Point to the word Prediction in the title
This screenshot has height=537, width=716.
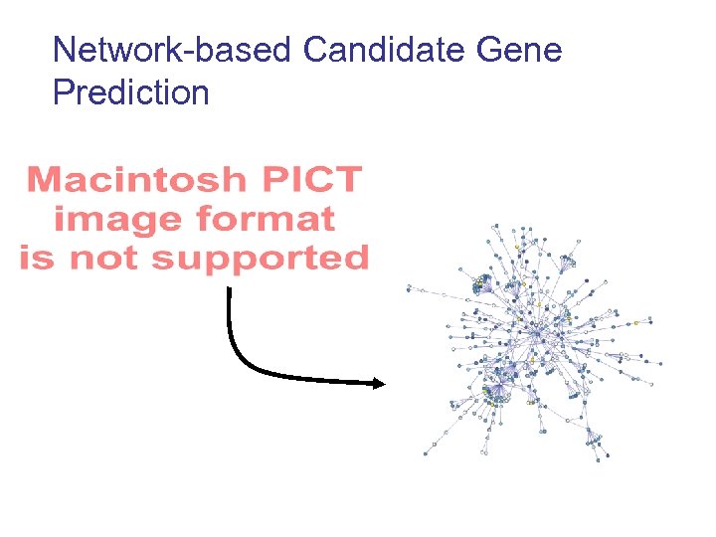tap(130, 92)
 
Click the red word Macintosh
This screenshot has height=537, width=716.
tap(135, 180)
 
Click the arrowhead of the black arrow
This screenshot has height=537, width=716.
tap(378, 384)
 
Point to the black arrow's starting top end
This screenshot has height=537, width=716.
tap(230, 290)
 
